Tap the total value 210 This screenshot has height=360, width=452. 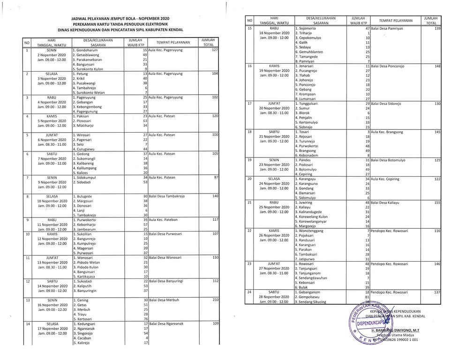[215, 300]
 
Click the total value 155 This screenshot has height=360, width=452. [437, 202]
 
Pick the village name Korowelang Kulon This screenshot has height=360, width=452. [313, 217]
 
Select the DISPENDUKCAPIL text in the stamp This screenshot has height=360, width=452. [373, 322]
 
